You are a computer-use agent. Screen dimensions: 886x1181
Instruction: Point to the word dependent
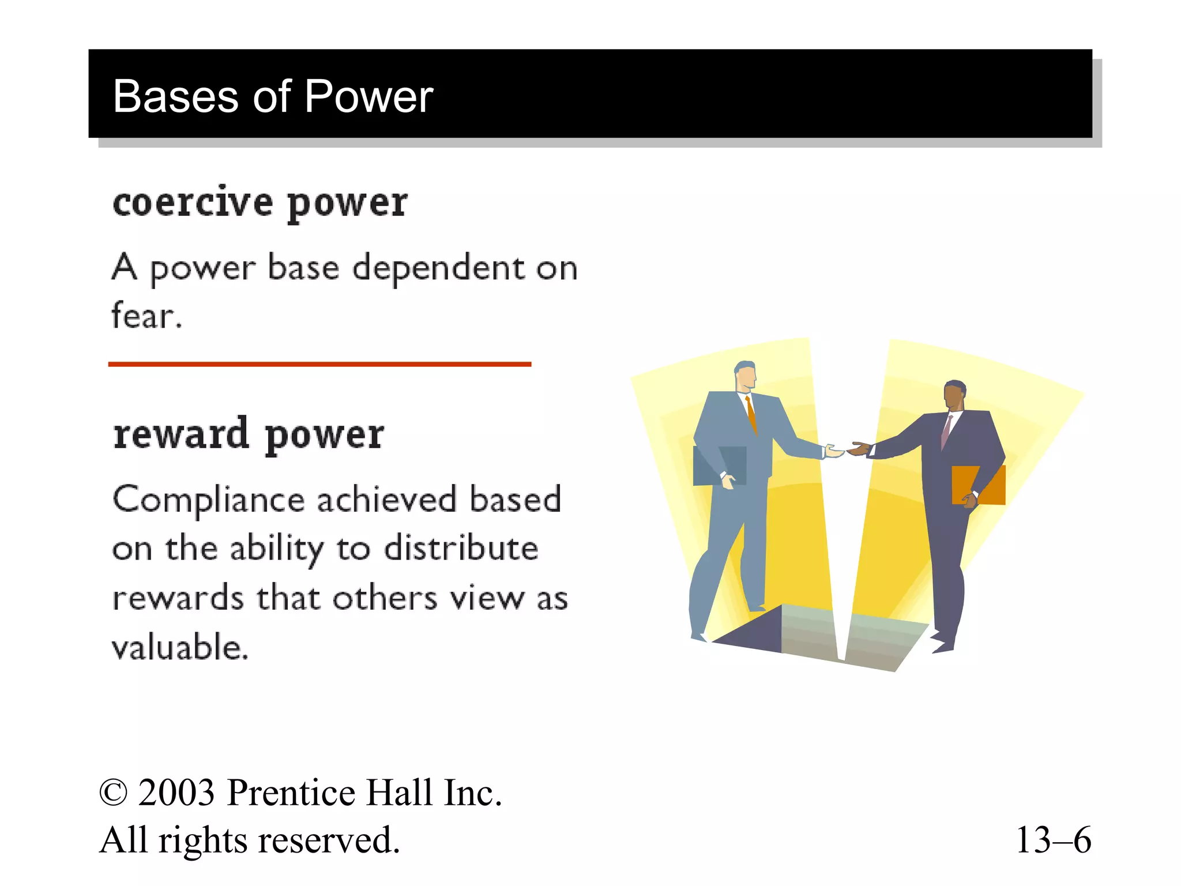pyautogui.click(x=438, y=268)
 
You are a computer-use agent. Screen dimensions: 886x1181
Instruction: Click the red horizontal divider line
pyautogui.click(x=319, y=364)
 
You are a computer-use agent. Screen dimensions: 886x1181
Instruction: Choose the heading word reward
pyautogui.click(x=181, y=434)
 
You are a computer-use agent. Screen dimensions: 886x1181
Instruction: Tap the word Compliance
pyautogui.click(x=209, y=500)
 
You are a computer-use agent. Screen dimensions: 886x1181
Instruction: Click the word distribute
pyautogui.click(x=461, y=548)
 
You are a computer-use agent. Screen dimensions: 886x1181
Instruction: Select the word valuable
pyautogui.click(x=179, y=647)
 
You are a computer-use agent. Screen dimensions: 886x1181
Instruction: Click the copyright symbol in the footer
pyautogui.click(x=113, y=793)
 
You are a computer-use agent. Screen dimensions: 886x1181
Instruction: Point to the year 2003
pyautogui.click(x=176, y=793)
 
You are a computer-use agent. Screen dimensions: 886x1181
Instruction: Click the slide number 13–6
pyautogui.click(x=1053, y=840)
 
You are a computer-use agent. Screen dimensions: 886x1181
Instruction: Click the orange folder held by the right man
pyautogui.click(x=979, y=485)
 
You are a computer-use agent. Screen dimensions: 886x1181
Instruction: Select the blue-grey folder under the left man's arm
pyautogui.click(x=719, y=465)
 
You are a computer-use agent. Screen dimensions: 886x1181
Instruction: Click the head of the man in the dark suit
pyautogui.click(x=954, y=395)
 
